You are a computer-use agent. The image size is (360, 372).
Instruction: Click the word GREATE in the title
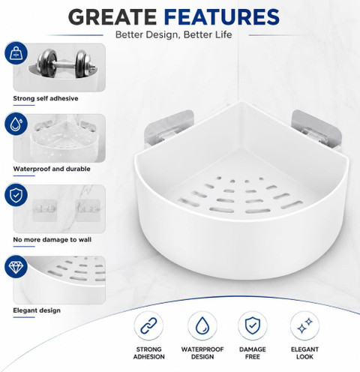click(x=112, y=16)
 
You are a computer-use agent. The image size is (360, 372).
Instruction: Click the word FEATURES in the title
click(x=222, y=16)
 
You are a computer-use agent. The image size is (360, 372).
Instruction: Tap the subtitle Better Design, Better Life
click(x=174, y=34)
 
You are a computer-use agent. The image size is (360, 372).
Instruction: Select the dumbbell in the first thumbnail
click(x=67, y=63)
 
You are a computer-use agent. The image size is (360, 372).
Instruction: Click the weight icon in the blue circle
click(x=16, y=53)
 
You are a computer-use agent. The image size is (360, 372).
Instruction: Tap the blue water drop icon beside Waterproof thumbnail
click(x=16, y=124)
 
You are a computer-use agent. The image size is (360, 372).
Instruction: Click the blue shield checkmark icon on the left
click(x=16, y=195)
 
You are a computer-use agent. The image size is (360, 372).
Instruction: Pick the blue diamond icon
click(x=16, y=266)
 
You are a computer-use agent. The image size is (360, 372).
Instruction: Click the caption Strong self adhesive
click(x=46, y=98)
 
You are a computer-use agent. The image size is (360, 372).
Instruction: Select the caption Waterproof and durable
click(x=52, y=169)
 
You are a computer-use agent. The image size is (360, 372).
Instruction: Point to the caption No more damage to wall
click(x=52, y=239)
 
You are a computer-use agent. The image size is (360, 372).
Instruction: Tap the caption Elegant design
click(x=37, y=310)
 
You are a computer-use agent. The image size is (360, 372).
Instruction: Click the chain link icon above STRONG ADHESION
click(x=148, y=325)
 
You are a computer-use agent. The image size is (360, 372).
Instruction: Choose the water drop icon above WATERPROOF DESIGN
click(x=202, y=325)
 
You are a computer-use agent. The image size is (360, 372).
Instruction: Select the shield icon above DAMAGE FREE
click(x=253, y=325)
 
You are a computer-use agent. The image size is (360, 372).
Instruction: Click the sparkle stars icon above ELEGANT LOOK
click(x=304, y=325)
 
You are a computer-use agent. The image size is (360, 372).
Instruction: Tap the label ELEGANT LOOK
click(x=304, y=353)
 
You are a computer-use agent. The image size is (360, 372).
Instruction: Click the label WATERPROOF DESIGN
click(x=202, y=353)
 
